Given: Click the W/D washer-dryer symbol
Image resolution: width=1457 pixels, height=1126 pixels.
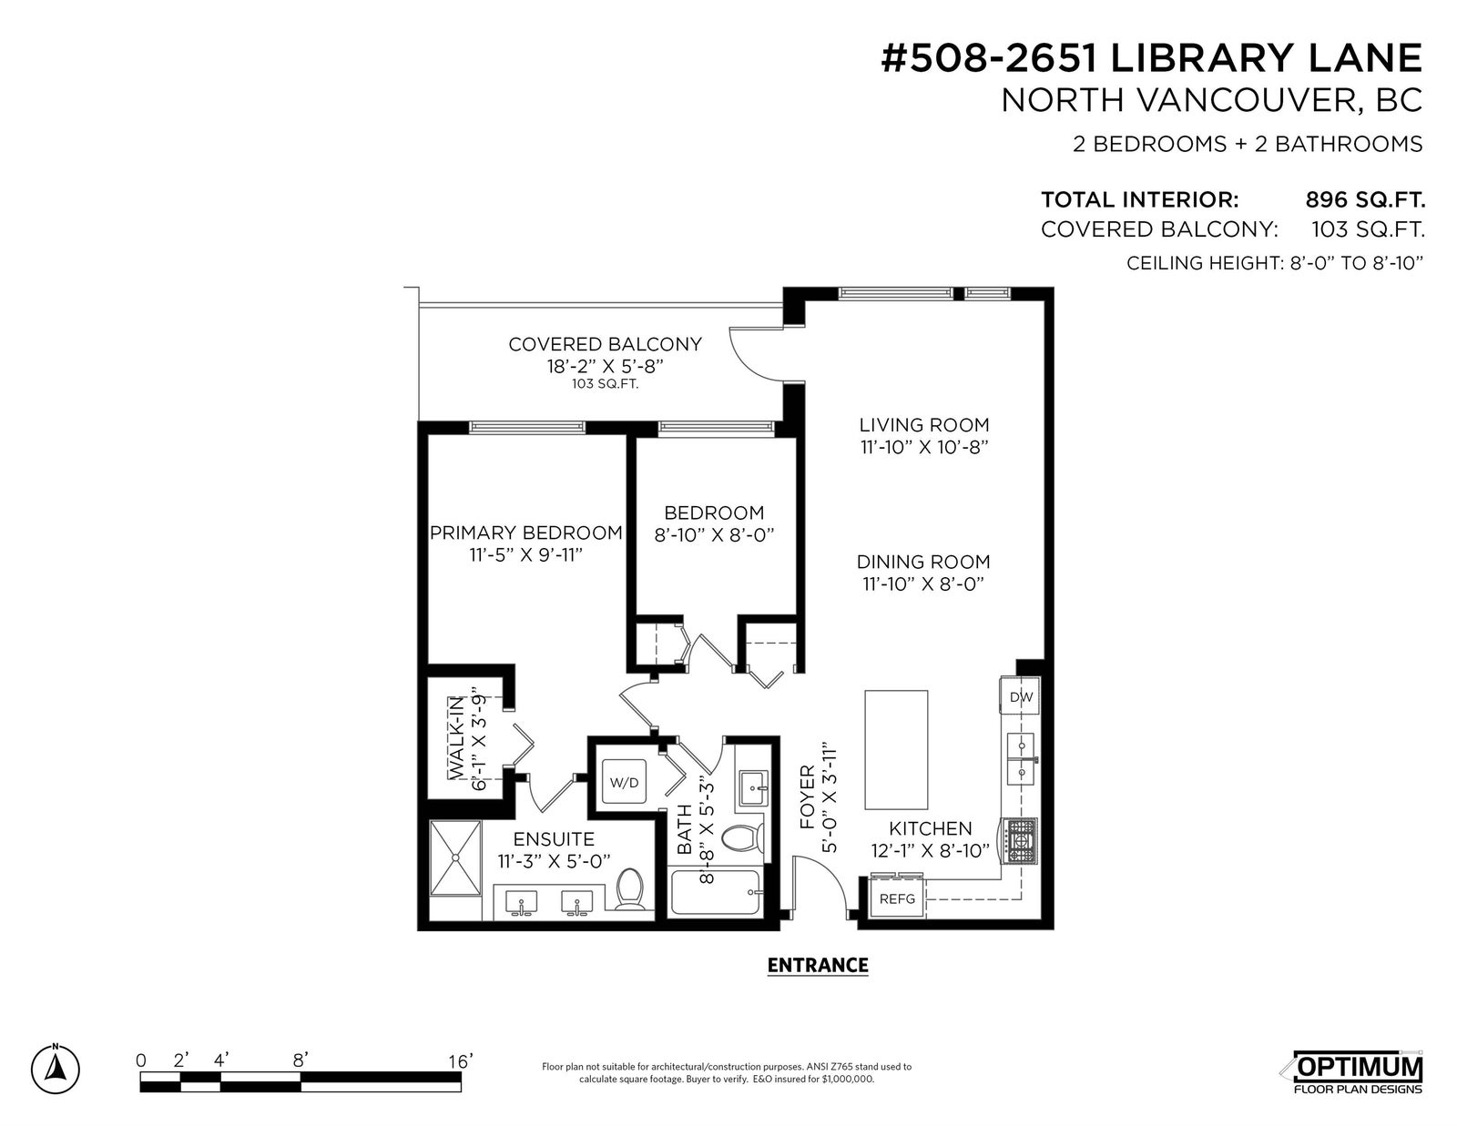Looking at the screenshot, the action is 624,782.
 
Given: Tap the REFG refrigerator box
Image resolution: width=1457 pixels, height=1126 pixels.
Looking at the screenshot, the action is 897,898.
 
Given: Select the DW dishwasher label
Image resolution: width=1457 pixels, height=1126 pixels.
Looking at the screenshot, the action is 1021,697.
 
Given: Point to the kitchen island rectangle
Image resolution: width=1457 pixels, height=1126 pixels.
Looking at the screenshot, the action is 896,750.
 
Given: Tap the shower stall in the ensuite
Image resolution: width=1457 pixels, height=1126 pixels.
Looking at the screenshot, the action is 455,858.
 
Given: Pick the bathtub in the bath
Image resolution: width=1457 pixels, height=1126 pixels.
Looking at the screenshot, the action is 717,892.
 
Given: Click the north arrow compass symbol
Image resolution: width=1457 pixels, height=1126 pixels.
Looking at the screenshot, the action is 56,1069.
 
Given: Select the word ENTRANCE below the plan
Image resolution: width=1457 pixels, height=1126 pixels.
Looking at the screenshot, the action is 818,966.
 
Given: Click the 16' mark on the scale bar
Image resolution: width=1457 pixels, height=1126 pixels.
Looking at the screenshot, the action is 461,1061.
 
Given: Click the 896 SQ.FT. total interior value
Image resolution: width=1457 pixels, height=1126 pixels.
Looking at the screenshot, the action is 1365,199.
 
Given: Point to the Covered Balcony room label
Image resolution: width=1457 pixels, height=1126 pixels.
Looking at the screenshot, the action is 605,344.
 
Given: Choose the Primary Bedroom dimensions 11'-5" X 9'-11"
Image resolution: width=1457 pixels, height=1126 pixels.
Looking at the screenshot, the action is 525,555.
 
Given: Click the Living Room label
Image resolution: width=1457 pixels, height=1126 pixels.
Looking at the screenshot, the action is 924,425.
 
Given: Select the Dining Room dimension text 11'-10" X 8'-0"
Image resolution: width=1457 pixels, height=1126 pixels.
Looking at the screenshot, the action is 923,584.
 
